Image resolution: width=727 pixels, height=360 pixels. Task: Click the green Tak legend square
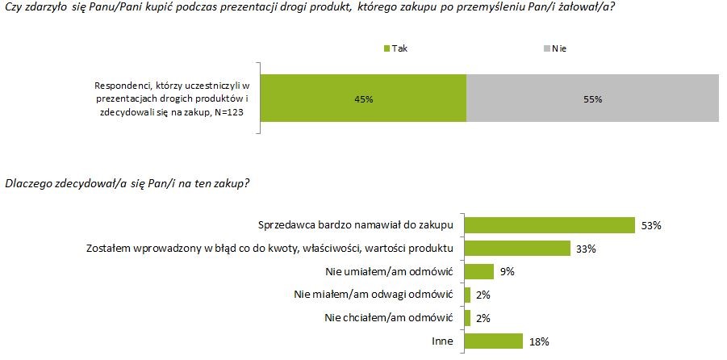pyautogui.click(x=386, y=48)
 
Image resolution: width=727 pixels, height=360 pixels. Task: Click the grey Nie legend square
pyautogui.click(x=547, y=48)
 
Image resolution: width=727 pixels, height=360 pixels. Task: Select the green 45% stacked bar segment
pyautogui.click(x=362, y=98)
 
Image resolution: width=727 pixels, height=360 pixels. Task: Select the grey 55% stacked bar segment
pyautogui.click(x=592, y=98)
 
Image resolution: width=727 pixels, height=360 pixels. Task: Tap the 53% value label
pyautogui.click(x=650, y=225)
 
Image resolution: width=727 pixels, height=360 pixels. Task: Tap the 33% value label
pyautogui.click(x=586, y=249)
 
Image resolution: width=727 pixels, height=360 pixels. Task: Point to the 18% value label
pyautogui.click(x=539, y=341)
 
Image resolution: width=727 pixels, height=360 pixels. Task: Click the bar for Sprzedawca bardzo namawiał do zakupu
pyautogui.click(x=550, y=224)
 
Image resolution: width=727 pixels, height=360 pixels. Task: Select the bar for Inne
pyautogui.click(x=494, y=341)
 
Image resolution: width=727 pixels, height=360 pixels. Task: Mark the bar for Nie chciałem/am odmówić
pyautogui.click(x=468, y=318)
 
